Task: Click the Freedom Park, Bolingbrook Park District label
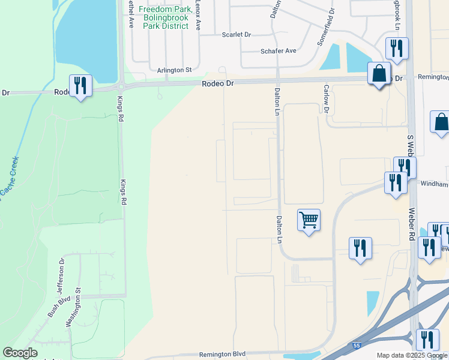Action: tap(165, 18)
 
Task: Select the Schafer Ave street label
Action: tap(278, 51)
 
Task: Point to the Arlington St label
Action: tap(174, 70)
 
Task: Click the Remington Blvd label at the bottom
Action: tap(223, 355)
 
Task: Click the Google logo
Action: tap(20, 353)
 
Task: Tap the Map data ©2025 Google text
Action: tap(411, 356)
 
